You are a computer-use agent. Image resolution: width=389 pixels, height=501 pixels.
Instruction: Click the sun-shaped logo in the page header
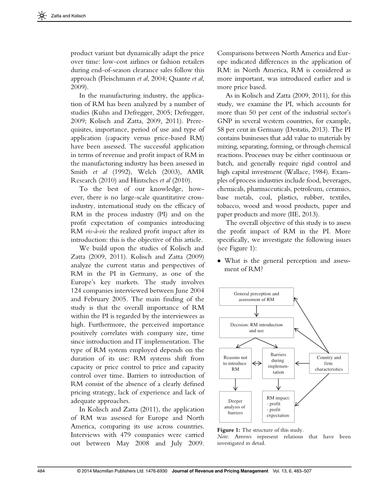click(x=42, y=16)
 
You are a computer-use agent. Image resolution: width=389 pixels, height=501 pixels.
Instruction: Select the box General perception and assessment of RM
click(x=256, y=296)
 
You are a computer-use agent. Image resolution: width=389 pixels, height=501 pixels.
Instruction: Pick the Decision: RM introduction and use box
click(x=256, y=328)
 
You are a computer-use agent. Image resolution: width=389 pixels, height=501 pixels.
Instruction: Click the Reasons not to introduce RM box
click(x=235, y=363)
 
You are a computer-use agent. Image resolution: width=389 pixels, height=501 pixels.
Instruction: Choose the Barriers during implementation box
click(x=278, y=363)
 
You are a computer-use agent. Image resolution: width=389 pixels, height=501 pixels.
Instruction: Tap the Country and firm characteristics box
click(x=328, y=363)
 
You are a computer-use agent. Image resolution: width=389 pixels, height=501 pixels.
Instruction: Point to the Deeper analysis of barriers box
click(x=235, y=407)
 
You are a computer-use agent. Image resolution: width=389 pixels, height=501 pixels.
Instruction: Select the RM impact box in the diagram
click(x=278, y=407)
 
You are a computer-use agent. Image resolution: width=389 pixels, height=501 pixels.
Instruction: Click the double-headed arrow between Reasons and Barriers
click(x=257, y=363)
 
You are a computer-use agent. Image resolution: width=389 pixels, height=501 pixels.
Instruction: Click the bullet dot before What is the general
click(x=219, y=261)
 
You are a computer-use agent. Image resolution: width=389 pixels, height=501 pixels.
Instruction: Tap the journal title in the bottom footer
click(x=220, y=471)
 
